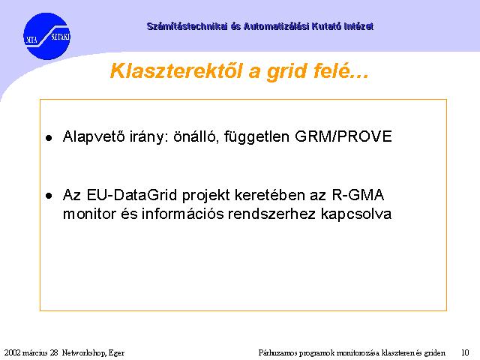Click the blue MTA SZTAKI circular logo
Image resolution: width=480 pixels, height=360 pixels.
tap(46, 36)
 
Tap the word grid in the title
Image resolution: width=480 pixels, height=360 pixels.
tap(286, 72)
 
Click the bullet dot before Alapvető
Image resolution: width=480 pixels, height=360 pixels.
tap(49, 138)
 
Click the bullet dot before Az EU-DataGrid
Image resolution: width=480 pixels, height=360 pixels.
tap(49, 196)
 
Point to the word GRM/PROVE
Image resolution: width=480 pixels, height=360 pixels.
tap(343, 136)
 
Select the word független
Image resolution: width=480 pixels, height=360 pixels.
tap(256, 136)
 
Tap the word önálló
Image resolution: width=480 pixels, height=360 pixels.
tap(196, 136)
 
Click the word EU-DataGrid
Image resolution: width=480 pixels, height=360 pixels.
tap(132, 195)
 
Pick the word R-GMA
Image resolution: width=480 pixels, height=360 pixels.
tap(358, 195)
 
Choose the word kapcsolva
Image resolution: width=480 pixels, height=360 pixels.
tap(356, 214)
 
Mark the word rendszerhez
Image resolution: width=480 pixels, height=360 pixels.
tap(271, 214)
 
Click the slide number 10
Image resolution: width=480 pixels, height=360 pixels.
tap(465, 352)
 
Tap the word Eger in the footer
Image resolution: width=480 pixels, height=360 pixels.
tap(117, 353)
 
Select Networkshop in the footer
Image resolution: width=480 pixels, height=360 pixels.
tap(84, 353)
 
